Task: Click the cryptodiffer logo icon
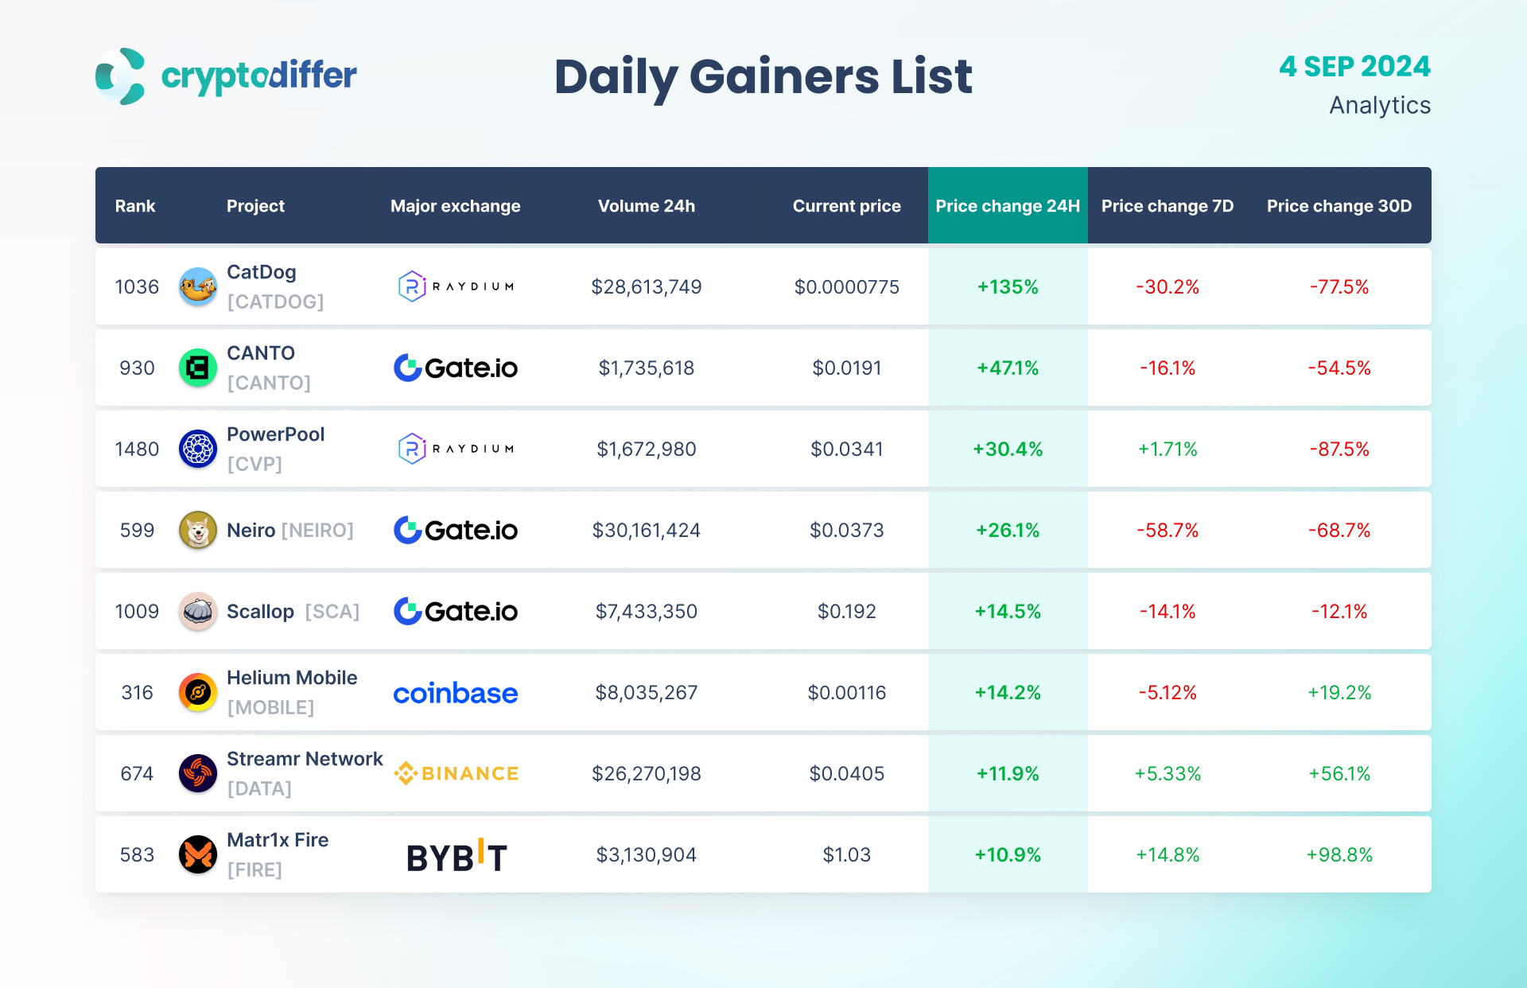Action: coord(120,76)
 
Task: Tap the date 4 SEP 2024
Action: coord(1354,67)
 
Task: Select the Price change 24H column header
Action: coord(1007,206)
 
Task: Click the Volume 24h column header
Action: coord(646,206)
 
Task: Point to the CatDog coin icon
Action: coord(198,286)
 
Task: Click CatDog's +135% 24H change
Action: coord(1007,287)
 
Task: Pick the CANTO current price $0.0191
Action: coord(846,368)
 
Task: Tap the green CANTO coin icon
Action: coord(198,368)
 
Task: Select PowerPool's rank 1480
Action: coord(137,449)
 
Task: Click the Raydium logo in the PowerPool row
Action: coord(456,449)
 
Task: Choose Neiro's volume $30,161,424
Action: coord(646,531)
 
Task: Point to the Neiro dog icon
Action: coord(198,530)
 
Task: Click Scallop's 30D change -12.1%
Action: coord(1339,612)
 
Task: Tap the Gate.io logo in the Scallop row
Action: coord(456,611)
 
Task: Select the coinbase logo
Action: coord(456,693)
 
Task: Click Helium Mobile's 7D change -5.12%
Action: coord(1167,693)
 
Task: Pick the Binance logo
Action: coord(456,773)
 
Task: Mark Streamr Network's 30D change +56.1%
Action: coord(1339,774)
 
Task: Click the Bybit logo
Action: coord(457,856)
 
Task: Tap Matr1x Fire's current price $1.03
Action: coord(846,855)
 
